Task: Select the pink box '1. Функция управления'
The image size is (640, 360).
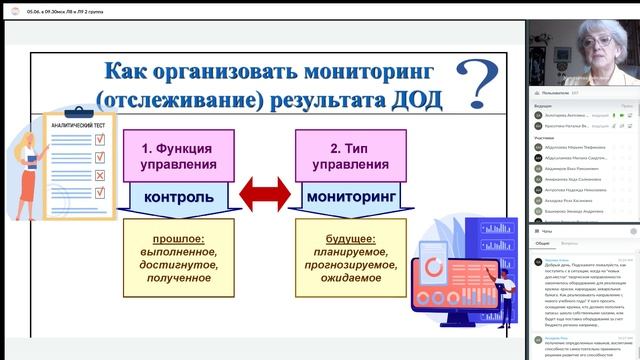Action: coord(180,155)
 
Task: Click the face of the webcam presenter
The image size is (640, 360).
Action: coord(600,46)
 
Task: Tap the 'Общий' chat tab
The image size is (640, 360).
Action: coord(542,243)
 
